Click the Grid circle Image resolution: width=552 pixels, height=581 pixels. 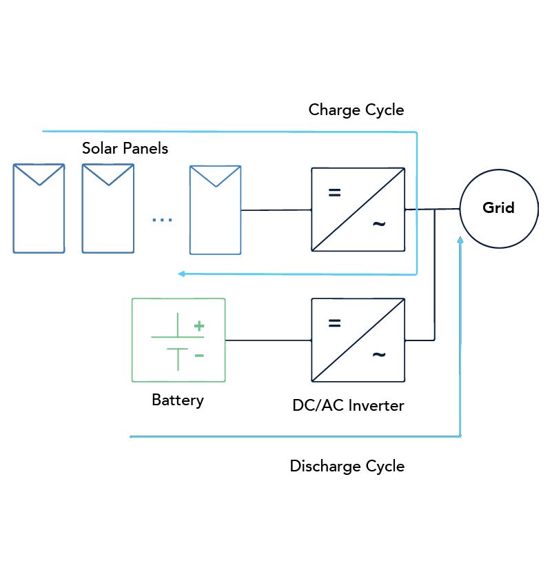tap(498, 208)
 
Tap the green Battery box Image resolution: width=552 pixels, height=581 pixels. tap(178, 340)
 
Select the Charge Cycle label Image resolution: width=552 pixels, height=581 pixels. tap(356, 110)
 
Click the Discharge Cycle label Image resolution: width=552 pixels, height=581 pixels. tap(347, 466)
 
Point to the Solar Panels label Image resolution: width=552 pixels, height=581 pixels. tap(125, 148)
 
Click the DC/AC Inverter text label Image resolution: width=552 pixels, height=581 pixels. tap(348, 405)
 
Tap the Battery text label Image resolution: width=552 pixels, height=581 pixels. tap(178, 400)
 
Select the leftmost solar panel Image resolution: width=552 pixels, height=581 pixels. tap(39, 208)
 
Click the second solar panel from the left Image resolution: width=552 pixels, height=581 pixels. tap(108, 208)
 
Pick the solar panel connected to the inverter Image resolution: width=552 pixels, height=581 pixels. tap(216, 210)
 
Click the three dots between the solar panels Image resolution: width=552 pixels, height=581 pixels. tap(162, 220)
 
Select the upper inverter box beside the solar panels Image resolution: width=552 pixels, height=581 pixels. tap(358, 208)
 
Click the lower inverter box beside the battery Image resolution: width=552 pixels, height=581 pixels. tap(358, 340)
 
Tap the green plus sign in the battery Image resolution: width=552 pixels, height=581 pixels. tap(199, 326)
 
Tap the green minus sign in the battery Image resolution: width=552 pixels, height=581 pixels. tap(199, 356)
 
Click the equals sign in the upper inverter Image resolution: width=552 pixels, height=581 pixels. tap(334, 193)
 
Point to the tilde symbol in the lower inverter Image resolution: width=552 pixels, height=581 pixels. tap(379, 355)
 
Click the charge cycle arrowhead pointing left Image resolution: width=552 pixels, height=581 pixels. tap(181, 274)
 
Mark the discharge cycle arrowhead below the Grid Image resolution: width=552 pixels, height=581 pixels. tap(460, 240)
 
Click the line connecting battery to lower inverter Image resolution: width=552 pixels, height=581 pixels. tap(268, 340)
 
